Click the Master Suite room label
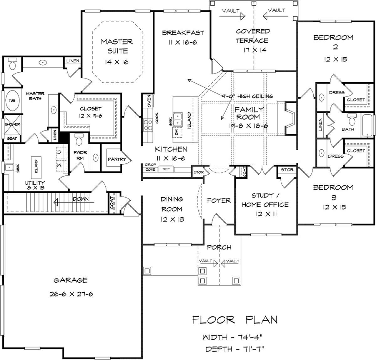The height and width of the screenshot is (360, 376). (x=117, y=46)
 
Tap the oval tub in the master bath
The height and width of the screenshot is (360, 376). (x=12, y=100)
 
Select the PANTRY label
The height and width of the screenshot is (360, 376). (x=117, y=159)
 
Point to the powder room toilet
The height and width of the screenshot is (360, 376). (x=79, y=140)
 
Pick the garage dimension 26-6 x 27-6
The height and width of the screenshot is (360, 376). (x=71, y=294)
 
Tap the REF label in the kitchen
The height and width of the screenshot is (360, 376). (x=166, y=169)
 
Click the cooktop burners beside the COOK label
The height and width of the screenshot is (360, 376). (x=148, y=125)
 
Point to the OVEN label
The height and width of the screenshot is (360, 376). (x=149, y=101)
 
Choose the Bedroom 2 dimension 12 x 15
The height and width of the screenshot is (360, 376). (x=336, y=59)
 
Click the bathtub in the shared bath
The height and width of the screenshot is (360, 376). (x=367, y=126)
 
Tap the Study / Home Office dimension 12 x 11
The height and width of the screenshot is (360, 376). (x=266, y=214)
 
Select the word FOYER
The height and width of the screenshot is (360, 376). (x=219, y=201)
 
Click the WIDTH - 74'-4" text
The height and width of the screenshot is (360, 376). (x=232, y=337)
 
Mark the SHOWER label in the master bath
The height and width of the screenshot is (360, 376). (x=13, y=124)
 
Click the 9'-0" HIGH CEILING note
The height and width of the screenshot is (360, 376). (x=247, y=96)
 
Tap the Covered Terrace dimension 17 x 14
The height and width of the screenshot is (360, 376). (x=254, y=50)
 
